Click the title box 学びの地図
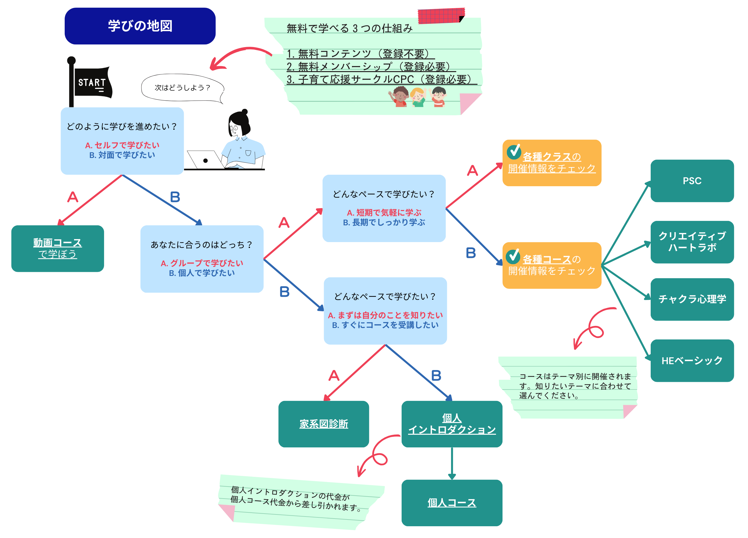[140, 26]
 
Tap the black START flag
[92, 82]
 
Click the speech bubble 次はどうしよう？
[182, 88]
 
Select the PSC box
[692, 181]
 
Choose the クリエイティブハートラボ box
[692, 242]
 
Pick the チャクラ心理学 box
[692, 299]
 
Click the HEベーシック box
[692, 360]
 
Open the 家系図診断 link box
[323, 424]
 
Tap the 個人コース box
[452, 502]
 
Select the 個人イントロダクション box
[452, 424]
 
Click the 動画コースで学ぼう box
[57, 248]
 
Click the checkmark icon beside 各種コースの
[513, 256]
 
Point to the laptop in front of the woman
[204, 160]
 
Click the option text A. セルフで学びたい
[122, 145]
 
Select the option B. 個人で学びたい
[202, 273]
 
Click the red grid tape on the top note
[441, 16]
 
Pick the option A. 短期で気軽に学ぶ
[384, 212]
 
